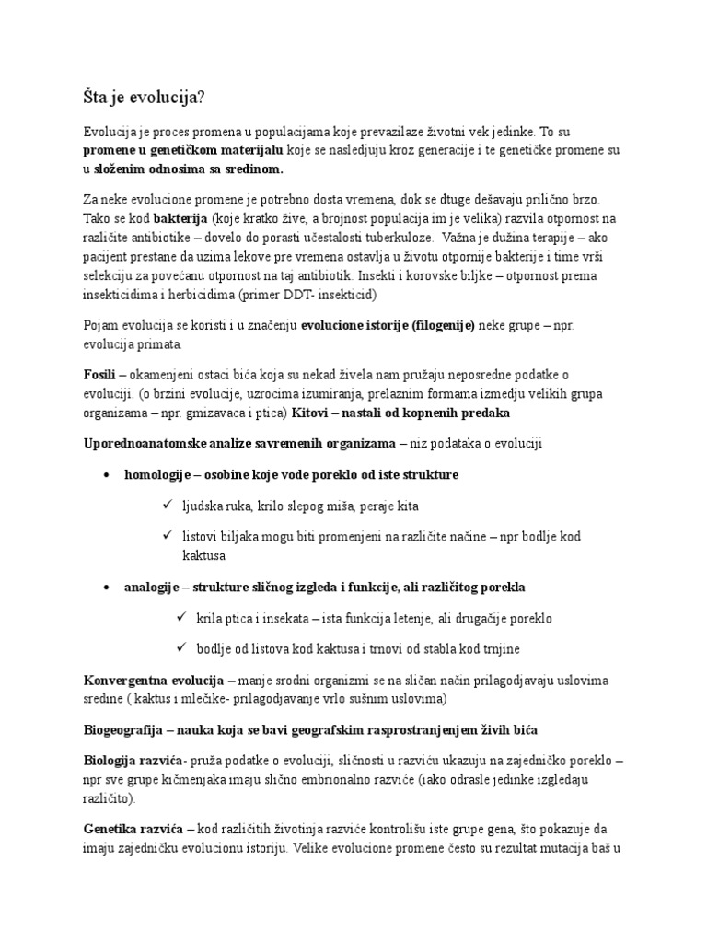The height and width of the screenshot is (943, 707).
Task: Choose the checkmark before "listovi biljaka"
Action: pos(167,535)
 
